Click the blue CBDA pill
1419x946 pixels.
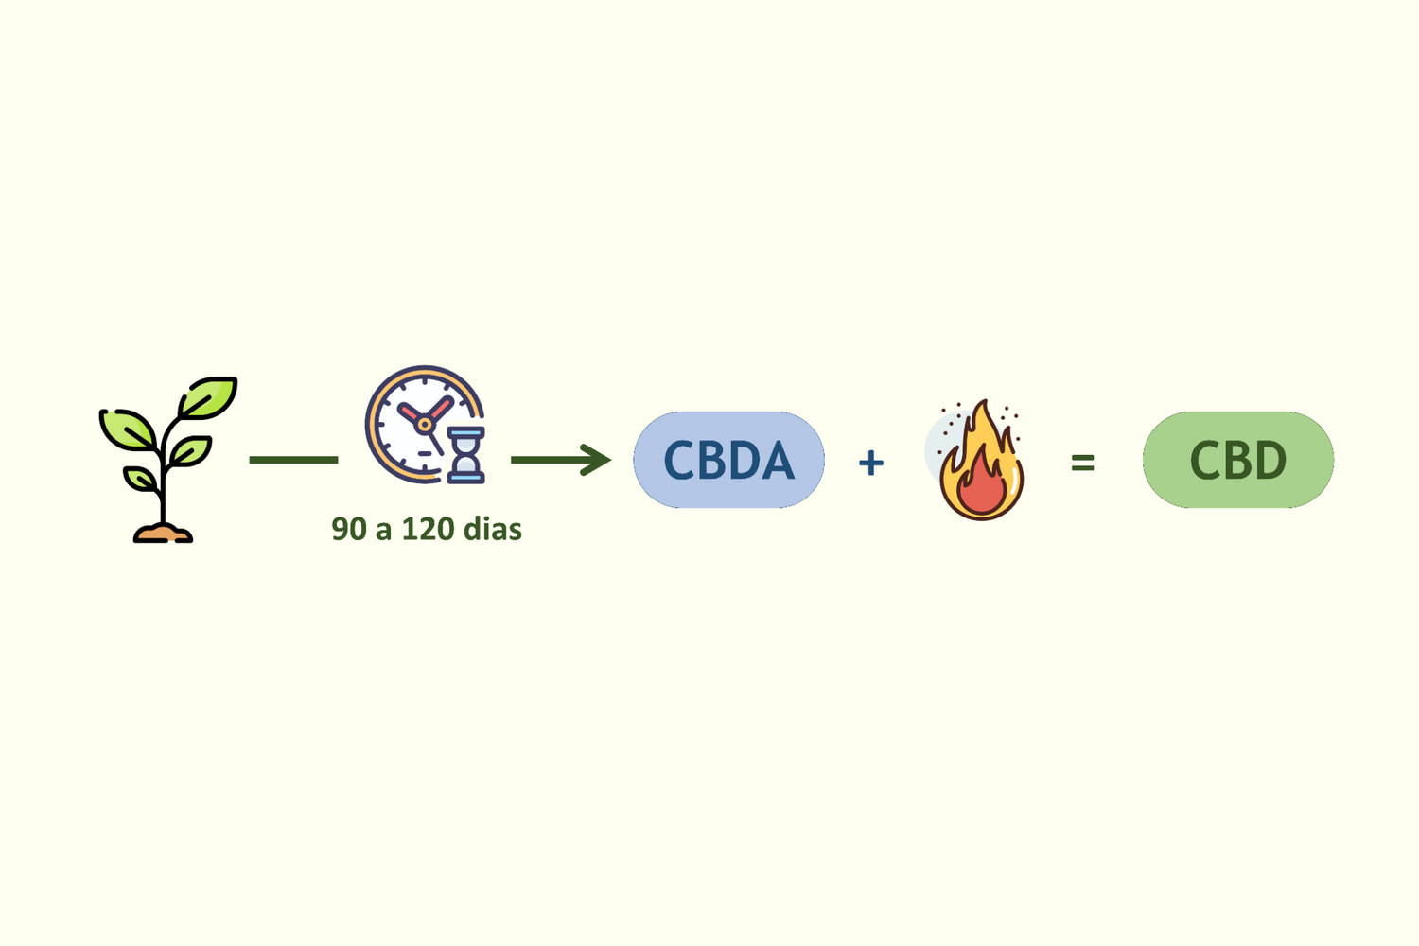[x=728, y=460]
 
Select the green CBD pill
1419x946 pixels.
[x=1237, y=460]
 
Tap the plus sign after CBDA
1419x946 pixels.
[x=870, y=463]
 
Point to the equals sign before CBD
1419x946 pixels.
[x=1082, y=463]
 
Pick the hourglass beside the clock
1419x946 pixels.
[x=465, y=455]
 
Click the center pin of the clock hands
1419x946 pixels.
[x=425, y=425]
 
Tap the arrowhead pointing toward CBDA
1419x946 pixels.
[x=596, y=460]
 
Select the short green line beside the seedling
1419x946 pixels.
[x=293, y=460]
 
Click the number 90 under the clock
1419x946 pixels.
[x=349, y=529]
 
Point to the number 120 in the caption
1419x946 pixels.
[x=427, y=529]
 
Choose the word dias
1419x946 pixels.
[x=492, y=529]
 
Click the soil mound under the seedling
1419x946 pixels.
[x=163, y=534]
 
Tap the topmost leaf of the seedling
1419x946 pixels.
[x=208, y=396]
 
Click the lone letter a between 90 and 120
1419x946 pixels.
[x=383, y=531]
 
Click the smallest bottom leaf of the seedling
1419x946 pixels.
[x=140, y=479]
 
